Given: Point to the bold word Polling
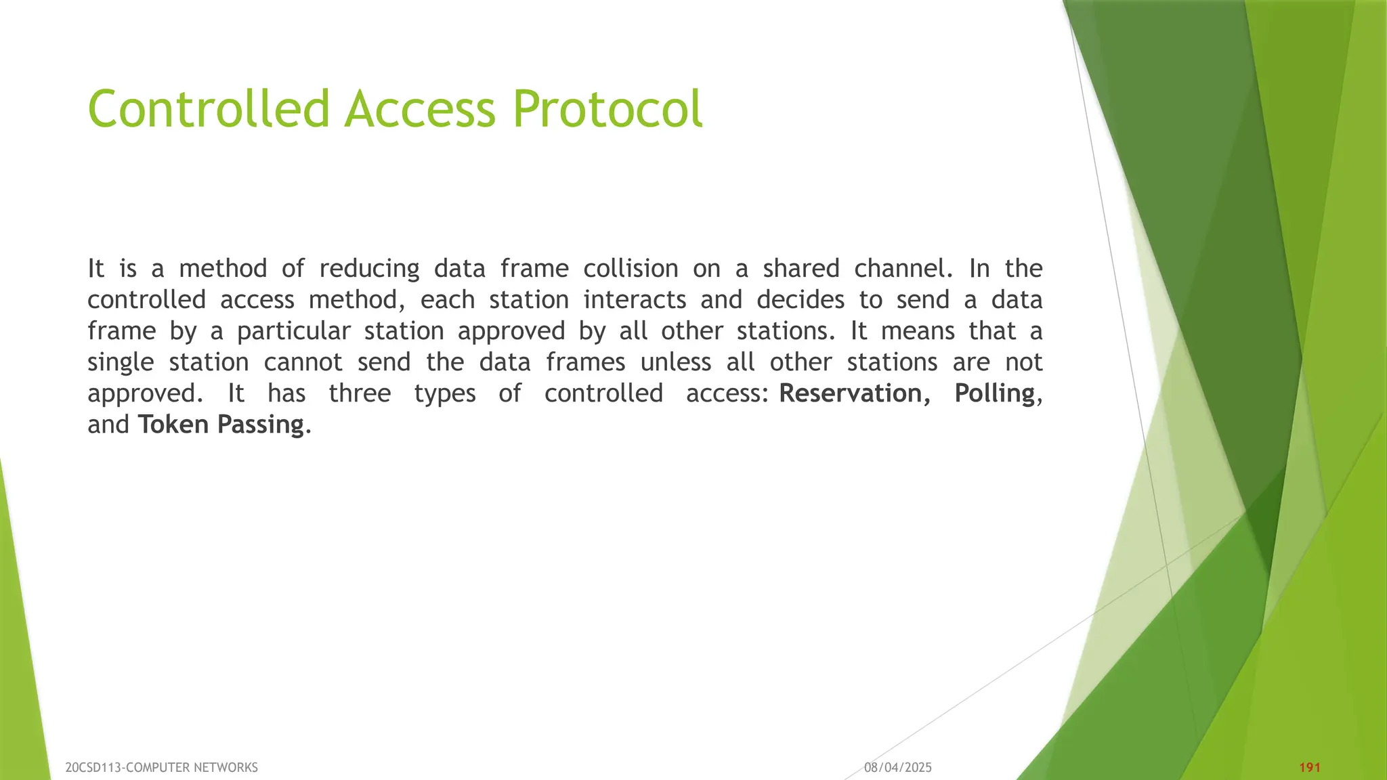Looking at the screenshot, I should (994, 393).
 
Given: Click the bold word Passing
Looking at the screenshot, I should (260, 425).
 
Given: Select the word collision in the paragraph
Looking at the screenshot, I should (631, 269).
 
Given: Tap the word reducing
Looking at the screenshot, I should (369, 269).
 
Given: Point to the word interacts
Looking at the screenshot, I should (635, 300).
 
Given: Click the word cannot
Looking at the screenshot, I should (303, 362).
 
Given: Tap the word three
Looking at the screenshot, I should (360, 393).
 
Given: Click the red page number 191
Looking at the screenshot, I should (1310, 767).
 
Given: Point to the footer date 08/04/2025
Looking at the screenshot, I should (898, 767).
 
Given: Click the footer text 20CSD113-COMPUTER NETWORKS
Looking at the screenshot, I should (161, 767).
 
